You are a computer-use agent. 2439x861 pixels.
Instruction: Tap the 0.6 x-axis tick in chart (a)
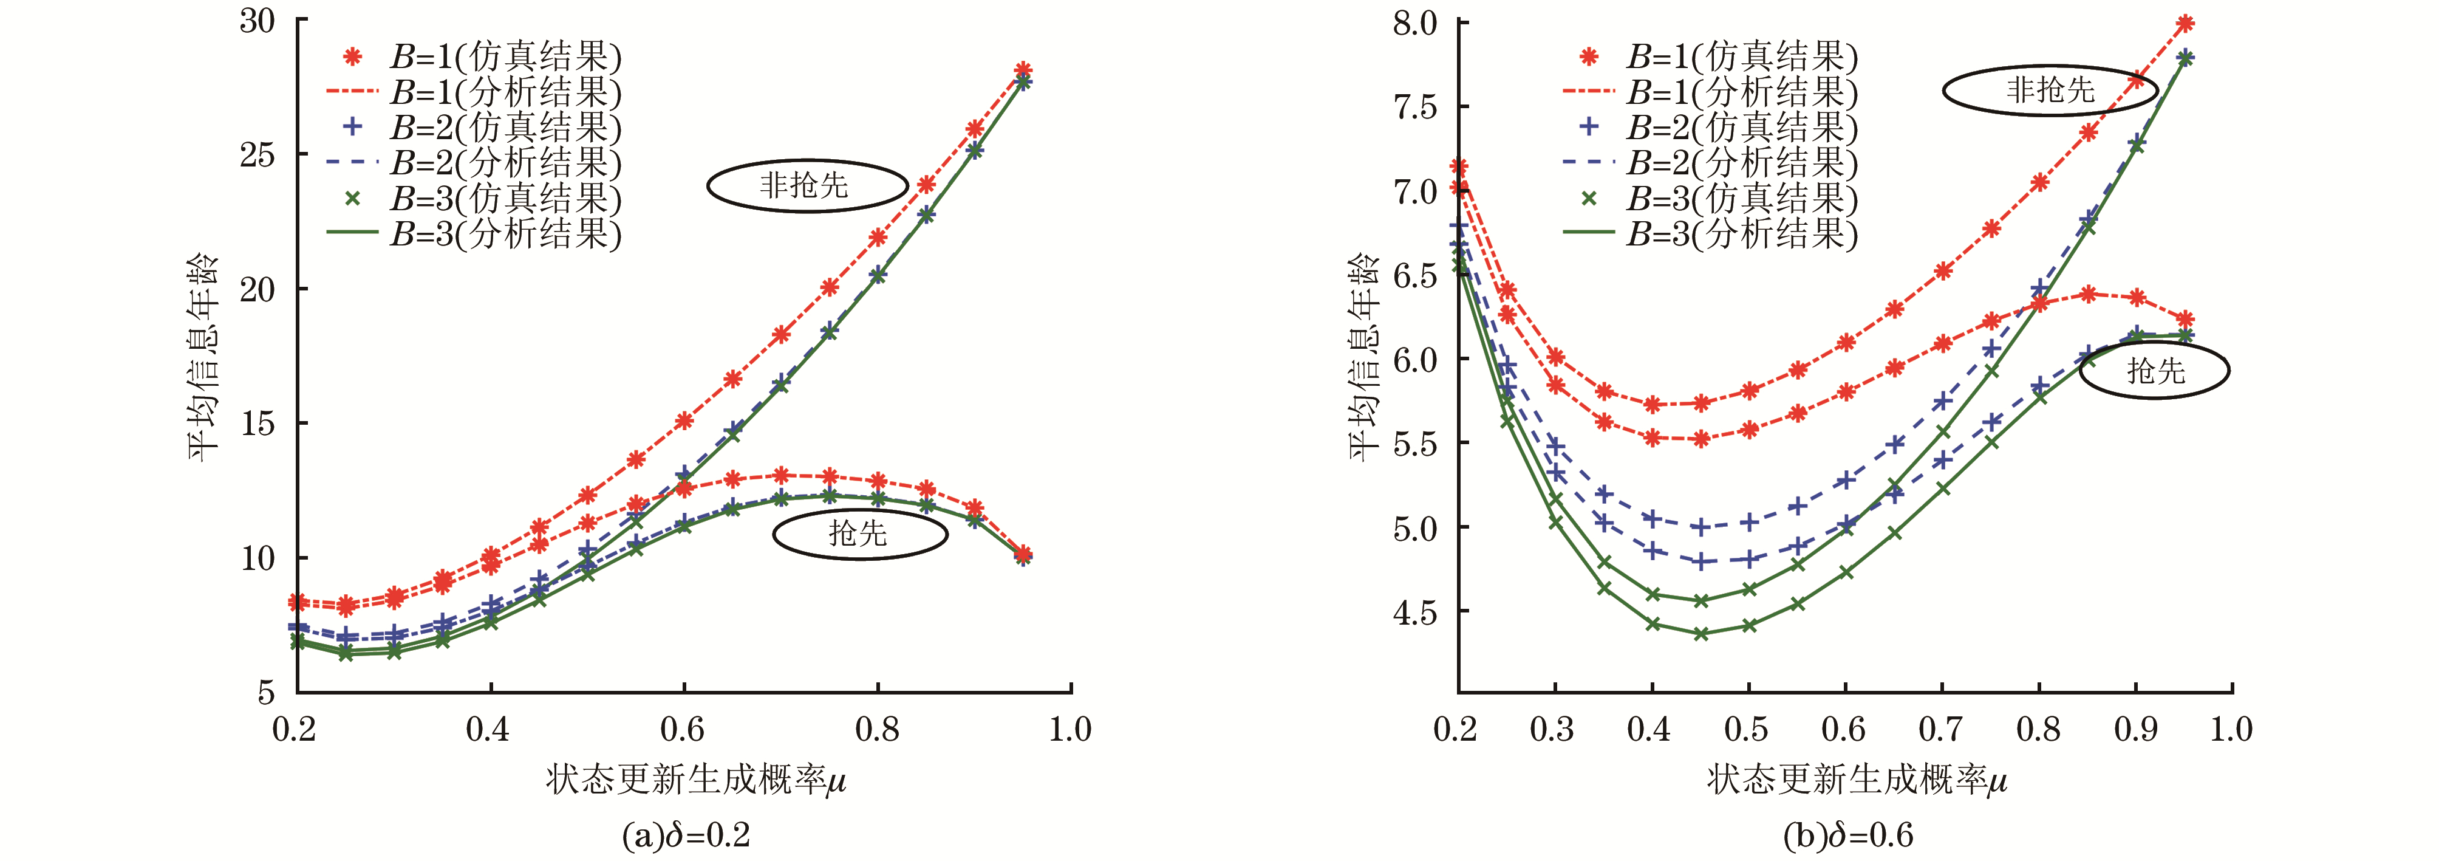click(683, 729)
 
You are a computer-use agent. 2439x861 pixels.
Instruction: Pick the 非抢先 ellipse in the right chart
click(2050, 90)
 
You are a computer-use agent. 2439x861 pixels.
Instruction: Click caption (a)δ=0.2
click(686, 835)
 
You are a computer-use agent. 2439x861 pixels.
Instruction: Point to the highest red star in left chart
click(1023, 70)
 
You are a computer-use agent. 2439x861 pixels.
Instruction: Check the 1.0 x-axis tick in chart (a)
click(1070, 729)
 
